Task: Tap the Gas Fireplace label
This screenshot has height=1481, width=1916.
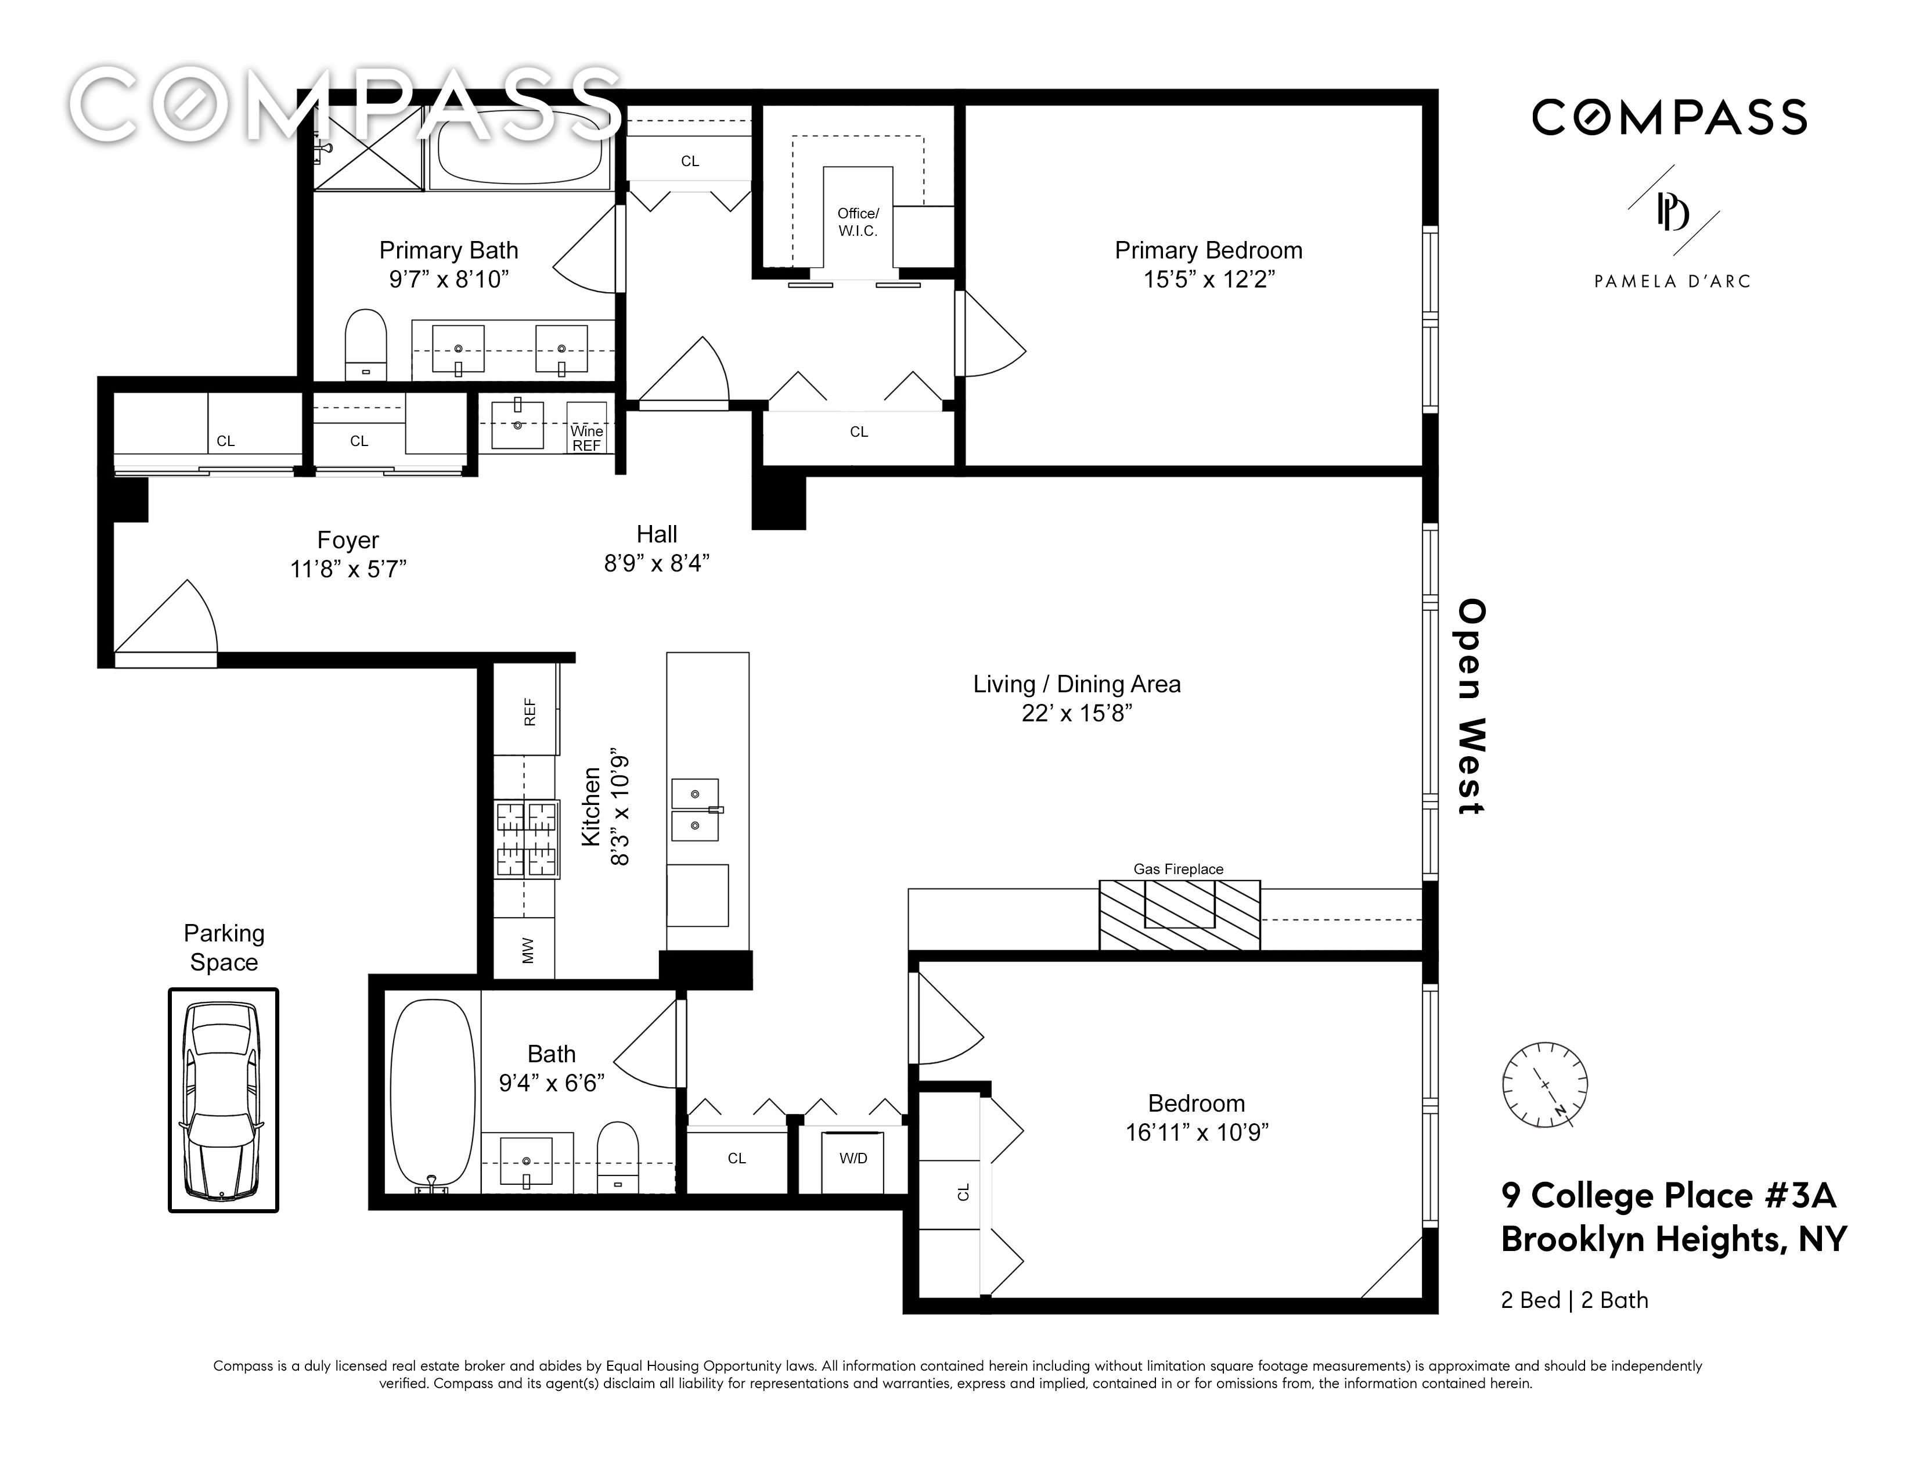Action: click(x=1178, y=869)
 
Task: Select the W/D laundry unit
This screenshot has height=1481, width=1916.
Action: click(x=853, y=1160)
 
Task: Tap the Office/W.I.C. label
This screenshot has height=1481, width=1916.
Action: click(x=858, y=222)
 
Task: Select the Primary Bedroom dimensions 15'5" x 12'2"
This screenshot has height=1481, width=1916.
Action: click(x=1209, y=279)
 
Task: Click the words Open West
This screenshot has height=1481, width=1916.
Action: click(x=1471, y=707)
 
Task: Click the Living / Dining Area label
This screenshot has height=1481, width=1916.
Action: click(x=1076, y=684)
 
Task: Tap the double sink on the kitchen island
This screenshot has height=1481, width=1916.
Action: click(x=696, y=810)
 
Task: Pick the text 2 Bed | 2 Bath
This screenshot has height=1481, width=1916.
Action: click(x=1575, y=1300)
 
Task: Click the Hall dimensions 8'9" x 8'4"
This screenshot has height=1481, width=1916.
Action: click(x=656, y=563)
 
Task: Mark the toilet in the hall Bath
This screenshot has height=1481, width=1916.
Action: click(x=618, y=1158)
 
